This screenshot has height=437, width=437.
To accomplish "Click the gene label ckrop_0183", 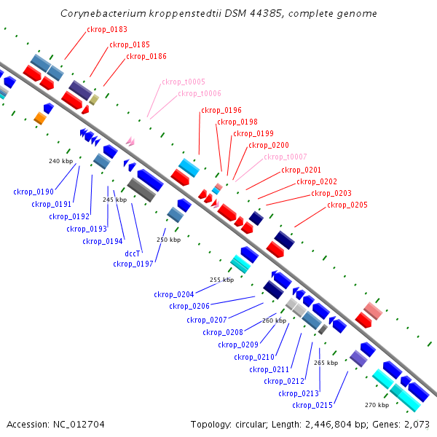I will (x=107, y=30).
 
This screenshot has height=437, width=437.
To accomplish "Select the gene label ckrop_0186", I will (x=146, y=56).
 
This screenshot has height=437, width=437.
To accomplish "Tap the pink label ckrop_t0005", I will (x=184, y=82).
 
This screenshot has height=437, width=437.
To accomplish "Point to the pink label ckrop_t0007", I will (x=286, y=157).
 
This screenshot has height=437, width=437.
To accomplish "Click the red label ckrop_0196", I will (x=221, y=110).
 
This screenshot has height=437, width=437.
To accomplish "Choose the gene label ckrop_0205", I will (x=347, y=205).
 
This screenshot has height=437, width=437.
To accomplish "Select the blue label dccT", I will (x=133, y=253).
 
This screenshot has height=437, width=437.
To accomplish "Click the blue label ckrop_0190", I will (x=34, y=192).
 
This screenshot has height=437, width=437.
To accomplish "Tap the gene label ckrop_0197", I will (x=133, y=264).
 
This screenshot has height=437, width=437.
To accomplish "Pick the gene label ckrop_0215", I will (x=312, y=405).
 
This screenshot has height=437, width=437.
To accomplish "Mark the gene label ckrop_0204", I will (x=174, y=294).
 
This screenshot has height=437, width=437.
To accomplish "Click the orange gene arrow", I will (x=40, y=118).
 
